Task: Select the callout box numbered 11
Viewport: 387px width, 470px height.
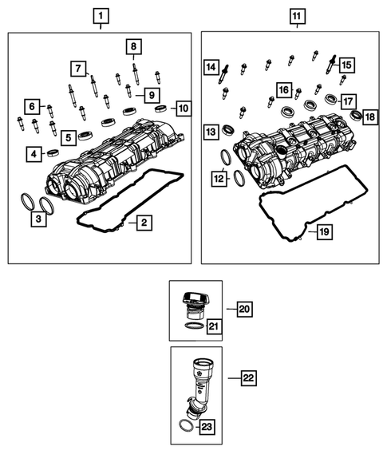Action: tap(297, 16)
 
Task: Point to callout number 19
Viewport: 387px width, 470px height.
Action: tap(323, 232)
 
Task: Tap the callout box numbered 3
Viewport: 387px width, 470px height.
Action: tap(38, 216)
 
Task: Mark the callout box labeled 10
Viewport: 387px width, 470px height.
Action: tap(183, 107)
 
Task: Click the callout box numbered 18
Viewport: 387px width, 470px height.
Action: tap(369, 117)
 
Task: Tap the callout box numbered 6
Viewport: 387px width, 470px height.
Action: tap(32, 105)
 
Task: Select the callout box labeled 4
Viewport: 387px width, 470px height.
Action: tap(34, 153)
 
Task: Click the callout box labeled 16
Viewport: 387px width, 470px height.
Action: tap(283, 89)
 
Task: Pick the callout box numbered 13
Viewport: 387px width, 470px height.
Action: tap(211, 131)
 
